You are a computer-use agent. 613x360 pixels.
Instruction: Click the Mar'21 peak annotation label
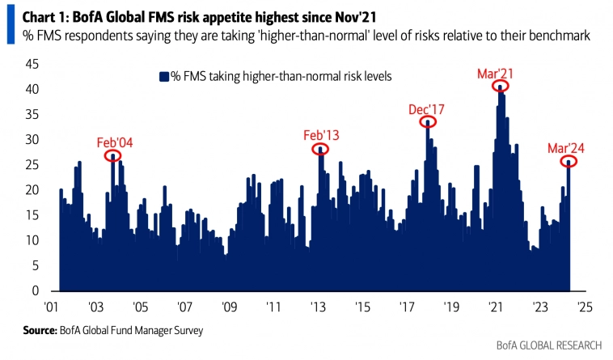coord(497,74)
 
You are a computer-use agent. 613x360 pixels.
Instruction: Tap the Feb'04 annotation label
coord(115,142)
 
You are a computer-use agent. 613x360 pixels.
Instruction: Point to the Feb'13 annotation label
coord(321,135)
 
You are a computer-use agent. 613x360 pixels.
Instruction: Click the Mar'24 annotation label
coord(567,148)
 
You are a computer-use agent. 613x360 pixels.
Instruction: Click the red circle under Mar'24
coord(569,162)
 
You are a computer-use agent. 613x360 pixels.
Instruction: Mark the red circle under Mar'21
coord(501,86)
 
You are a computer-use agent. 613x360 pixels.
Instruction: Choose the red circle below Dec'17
coord(428,121)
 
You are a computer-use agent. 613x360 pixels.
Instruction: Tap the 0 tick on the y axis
coord(35,290)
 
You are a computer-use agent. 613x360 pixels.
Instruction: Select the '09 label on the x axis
coord(229,307)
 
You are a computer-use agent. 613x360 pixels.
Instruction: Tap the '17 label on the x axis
coord(407,307)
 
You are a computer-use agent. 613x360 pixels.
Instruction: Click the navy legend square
coord(163,77)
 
